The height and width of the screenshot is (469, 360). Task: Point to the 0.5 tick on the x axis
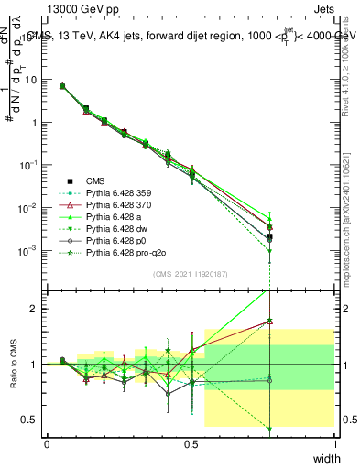pos(191,443)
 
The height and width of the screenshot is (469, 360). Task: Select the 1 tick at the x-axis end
pos(334,443)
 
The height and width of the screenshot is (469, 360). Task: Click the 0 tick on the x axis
pos(47,443)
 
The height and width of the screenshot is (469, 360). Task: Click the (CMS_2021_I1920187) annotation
pos(191,273)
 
